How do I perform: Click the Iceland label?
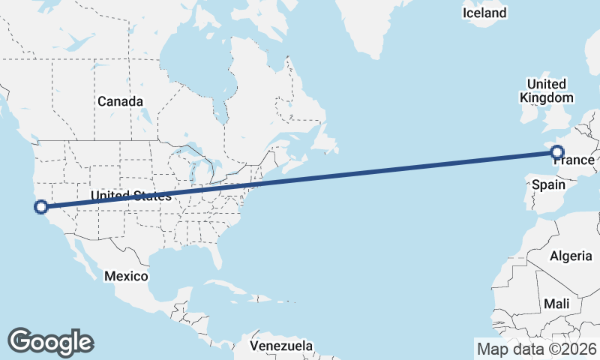click(x=484, y=13)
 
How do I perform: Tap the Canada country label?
click(x=120, y=100)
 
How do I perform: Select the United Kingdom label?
click(x=546, y=90)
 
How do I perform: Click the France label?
click(x=574, y=160)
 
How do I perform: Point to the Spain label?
click(x=548, y=184)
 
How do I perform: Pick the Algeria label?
click(x=571, y=256)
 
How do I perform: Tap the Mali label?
click(x=557, y=304)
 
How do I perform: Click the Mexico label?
click(x=126, y=276)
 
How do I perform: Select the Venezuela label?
click(x=281, y=346)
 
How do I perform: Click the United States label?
click(x=130, y=196)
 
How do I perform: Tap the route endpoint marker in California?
click(x=41, y=206)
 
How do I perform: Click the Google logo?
click(x=50, y=341)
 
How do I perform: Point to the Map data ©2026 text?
click(x=536, y=349)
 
